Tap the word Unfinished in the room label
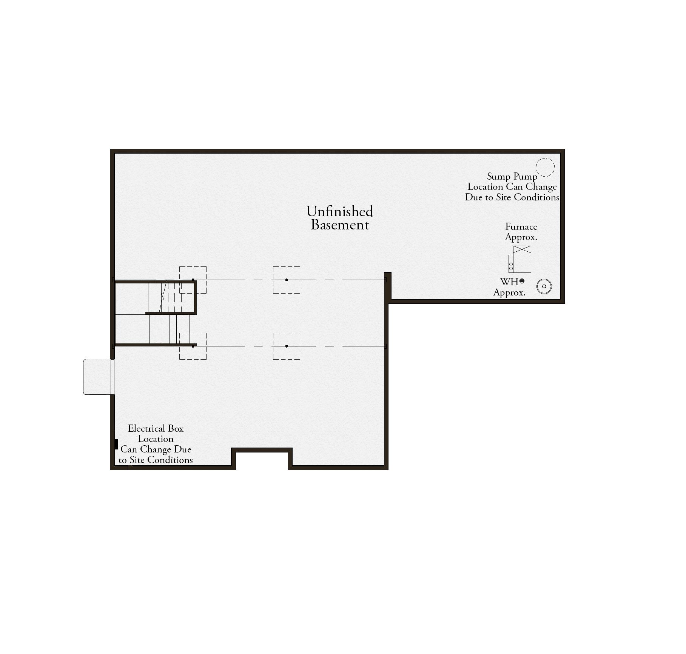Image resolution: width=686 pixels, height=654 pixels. pos(340,211)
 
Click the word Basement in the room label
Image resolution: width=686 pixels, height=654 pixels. pos(340,225)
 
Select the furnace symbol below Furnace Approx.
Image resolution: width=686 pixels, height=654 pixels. pos(520,259)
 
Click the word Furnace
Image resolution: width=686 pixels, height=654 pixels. pos(521,227)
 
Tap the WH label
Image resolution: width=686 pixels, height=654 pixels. pos(509,282)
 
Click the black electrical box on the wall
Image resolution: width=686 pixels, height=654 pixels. pos(116,444)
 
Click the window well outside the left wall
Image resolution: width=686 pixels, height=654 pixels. pos(98,377)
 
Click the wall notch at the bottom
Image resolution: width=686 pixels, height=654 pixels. pos(262,450)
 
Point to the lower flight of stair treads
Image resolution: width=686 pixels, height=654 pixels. pos(170,329)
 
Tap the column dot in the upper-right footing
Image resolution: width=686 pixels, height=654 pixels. pos(287,280)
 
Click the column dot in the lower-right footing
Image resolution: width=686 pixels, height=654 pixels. pos(287,346)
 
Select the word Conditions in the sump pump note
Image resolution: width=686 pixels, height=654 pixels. pos(536,197)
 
